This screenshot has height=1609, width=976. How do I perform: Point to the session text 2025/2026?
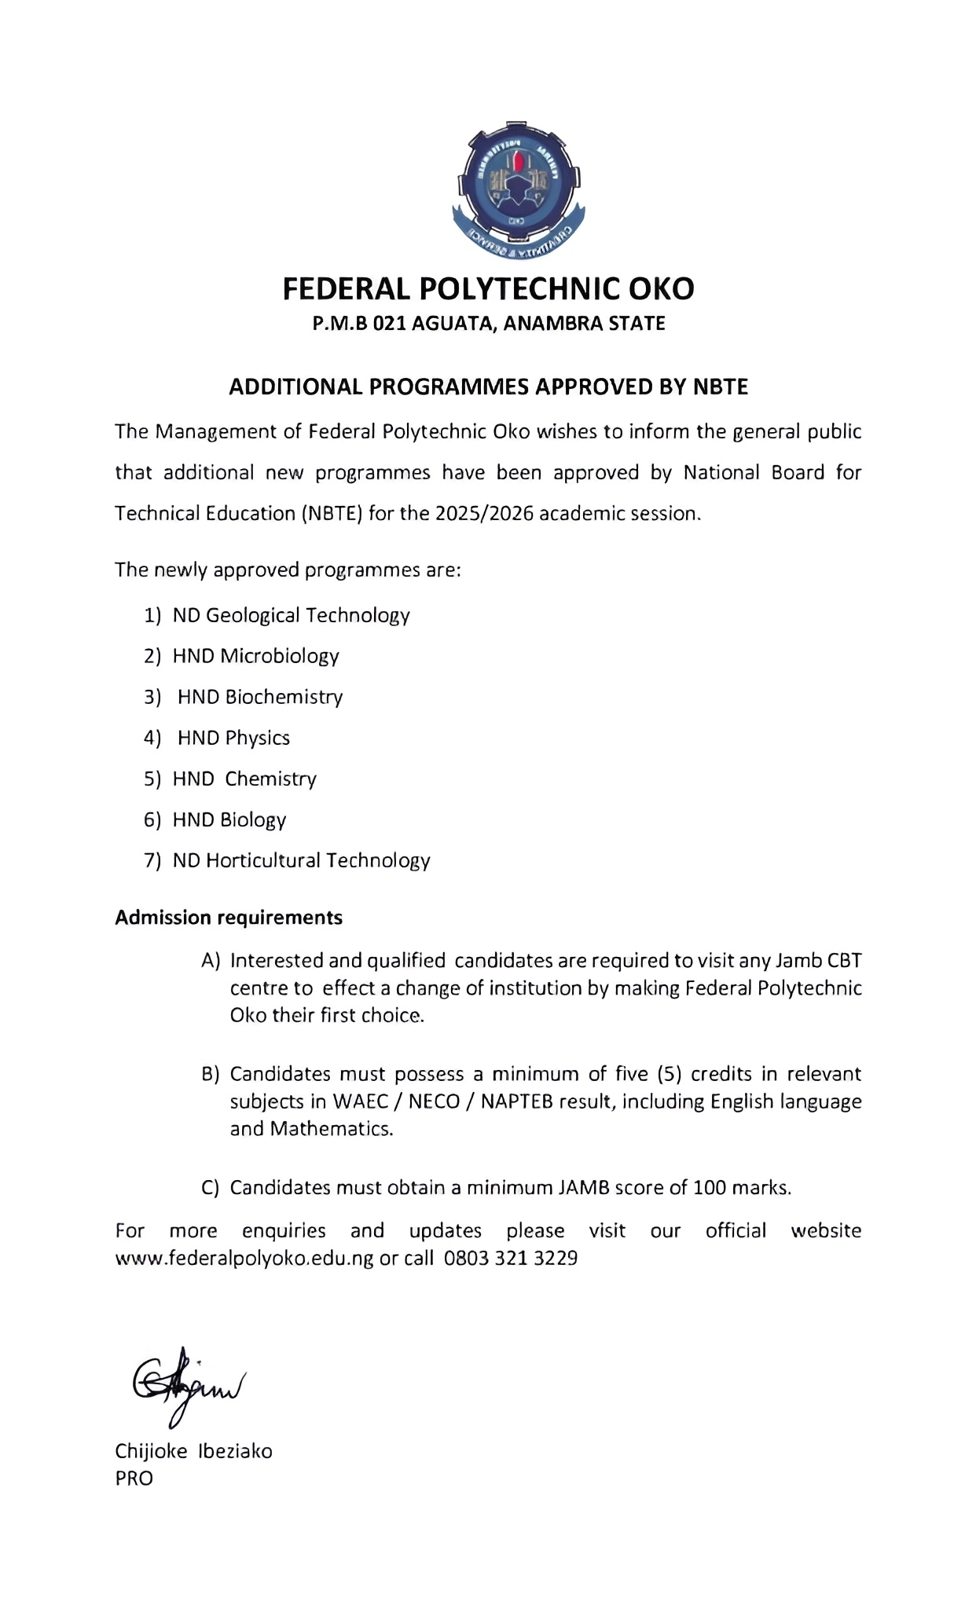pos(484,514)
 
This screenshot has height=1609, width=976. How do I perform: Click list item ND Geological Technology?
pos(291,615)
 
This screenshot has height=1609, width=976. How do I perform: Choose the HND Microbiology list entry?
pos(255,656)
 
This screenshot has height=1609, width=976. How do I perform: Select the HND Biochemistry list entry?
pos(260,697)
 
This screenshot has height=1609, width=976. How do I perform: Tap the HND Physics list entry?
pos(233,738)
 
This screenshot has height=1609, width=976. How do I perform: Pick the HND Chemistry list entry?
pos(244,779)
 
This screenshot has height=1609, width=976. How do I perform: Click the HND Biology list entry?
pos(229,819)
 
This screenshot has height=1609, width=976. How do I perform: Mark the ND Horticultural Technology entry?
pos(301,860)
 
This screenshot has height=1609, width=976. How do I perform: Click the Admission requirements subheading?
pos(229,918)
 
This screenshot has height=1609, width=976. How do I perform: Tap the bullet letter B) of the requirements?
pos(211,1074)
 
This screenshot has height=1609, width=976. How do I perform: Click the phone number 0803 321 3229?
pos(511,1258)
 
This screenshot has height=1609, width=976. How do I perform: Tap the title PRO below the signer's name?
pos(134,1478)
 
